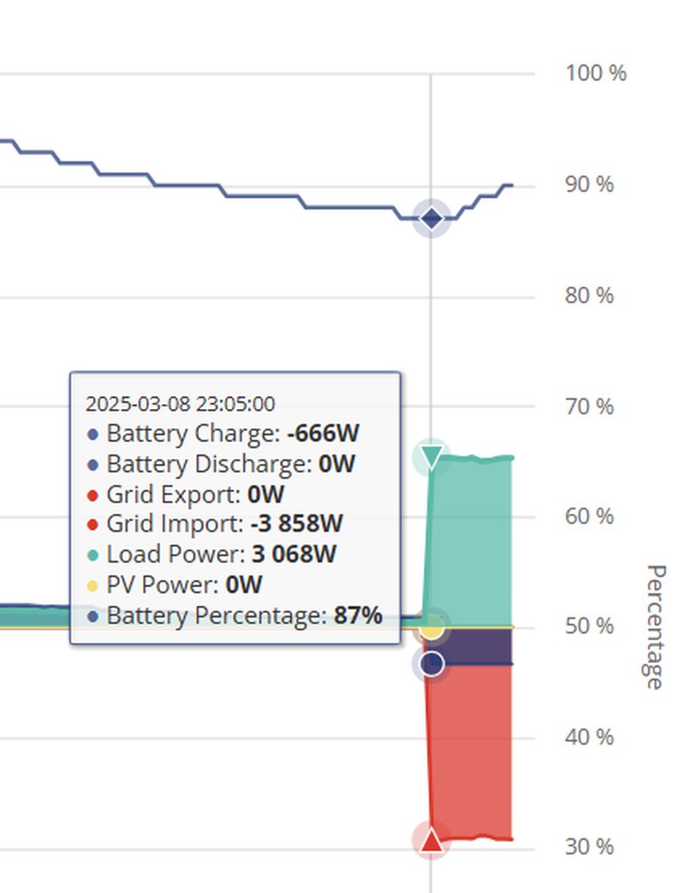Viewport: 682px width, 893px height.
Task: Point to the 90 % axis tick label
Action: [590, 185]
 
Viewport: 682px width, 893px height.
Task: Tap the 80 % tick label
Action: [590, 296]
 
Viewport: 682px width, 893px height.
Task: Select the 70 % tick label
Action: [590, 406]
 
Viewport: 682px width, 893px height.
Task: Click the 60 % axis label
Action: [590, 517]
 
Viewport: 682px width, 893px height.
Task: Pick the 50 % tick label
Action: [590, 627]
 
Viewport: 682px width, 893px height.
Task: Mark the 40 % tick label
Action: [590, 738]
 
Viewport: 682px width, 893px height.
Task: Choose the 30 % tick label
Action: [590, 847]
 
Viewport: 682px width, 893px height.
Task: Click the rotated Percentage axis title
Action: [654, 626]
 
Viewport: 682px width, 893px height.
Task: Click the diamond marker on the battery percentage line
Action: [431, 218]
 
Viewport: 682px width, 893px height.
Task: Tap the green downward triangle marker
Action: [431, 456]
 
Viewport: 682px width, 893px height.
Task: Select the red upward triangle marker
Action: [431, 840]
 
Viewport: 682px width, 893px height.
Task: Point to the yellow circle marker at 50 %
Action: [431, 627]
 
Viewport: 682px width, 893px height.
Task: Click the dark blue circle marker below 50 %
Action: [431, 665]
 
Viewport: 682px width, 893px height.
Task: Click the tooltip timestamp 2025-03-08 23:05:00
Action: [180, 404]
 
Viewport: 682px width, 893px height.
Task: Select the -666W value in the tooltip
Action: [323, 433]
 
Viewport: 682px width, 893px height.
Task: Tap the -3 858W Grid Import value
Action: [296, 524]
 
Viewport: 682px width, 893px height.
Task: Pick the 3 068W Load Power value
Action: [294, 555]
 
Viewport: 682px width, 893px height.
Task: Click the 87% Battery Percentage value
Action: [358, 616]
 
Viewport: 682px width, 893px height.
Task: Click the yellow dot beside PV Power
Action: [93, 585]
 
